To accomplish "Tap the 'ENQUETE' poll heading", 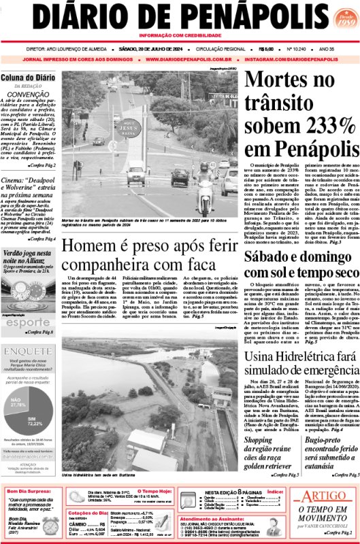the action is pos(28,352).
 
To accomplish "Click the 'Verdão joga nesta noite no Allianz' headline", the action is pos(28,257).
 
